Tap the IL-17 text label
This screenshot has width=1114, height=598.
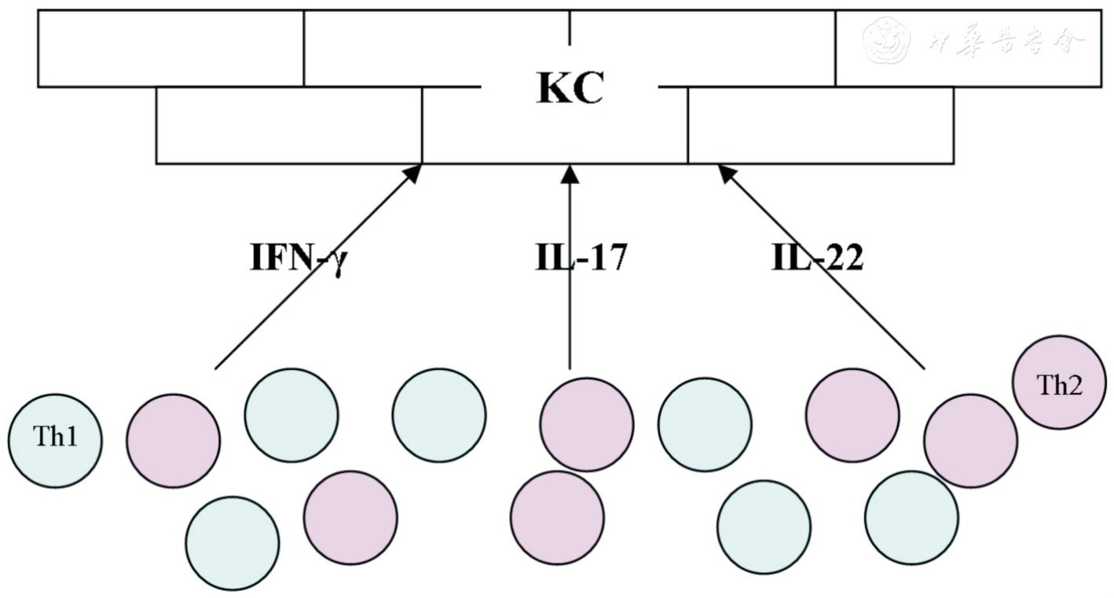tap(581, 258)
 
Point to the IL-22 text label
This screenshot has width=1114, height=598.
tap(817, 258)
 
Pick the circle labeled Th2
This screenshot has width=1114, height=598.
tap(1060, 383)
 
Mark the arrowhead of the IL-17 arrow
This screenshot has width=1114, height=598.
tap(570, 173)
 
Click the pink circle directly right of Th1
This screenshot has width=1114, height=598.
tap(174, 441)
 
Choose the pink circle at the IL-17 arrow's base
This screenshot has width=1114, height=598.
tap(586, 424)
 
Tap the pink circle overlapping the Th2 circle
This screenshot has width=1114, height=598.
tap(970, 441)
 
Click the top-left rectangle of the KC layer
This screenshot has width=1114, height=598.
tap(170, 48)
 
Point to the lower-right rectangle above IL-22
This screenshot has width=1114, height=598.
tap(821, 125)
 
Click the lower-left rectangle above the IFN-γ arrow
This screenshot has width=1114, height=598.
tap(289, 125)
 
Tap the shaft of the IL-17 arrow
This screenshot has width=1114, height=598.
tap(570, 275)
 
